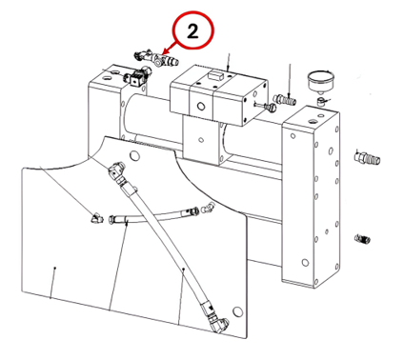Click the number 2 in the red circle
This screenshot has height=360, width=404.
click(192, 31)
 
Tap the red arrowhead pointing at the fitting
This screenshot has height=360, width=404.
click(165, 51)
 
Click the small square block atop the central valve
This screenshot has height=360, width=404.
click(214, 76)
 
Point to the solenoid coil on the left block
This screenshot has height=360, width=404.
click(137, 78)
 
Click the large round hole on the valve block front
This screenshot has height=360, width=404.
click(201, 106)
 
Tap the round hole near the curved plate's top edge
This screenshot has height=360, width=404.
click(134, 155)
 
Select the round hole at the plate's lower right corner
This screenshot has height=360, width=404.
click(237, 311)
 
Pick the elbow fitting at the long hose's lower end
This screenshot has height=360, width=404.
click(217, 322)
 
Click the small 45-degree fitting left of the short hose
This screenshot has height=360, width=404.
click(96, 218)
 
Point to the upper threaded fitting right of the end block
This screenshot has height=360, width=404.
click(367, 158)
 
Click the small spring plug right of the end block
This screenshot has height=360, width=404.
click(362, 238)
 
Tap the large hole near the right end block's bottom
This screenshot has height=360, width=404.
click(305, 263)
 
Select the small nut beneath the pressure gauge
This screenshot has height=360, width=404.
click(321, 101)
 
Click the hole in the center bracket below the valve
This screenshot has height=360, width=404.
click(201, 139)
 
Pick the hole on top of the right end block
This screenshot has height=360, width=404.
click(313, 121)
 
